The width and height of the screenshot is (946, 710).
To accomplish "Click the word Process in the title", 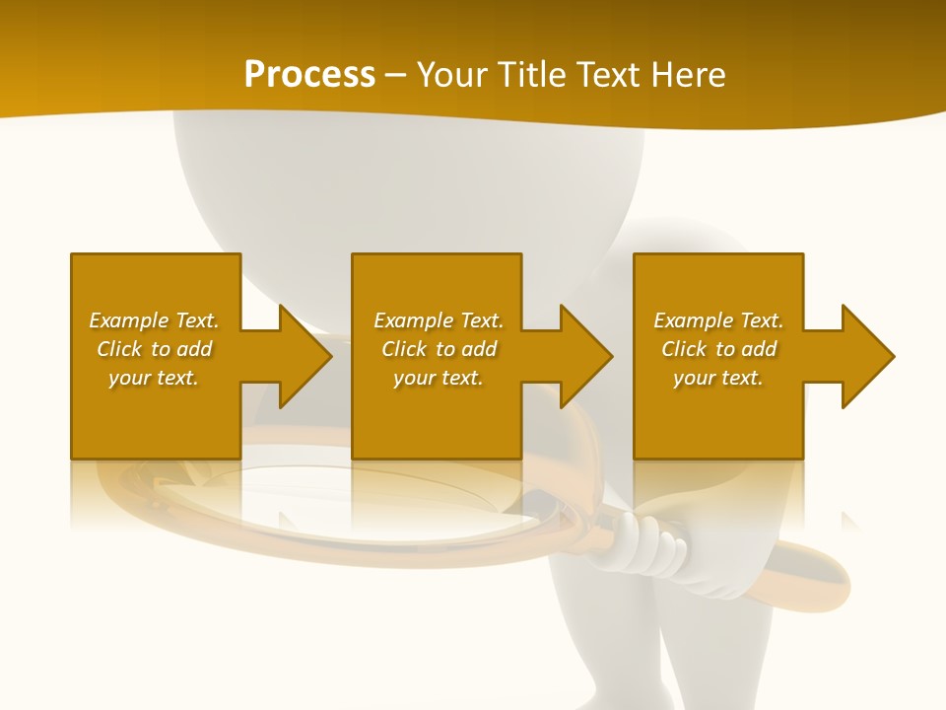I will pyautogui.click(x=309, y=75).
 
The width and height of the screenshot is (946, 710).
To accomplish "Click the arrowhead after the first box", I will pyautogui.click(x=302, y=356).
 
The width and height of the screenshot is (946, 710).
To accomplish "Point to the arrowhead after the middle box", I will pyautogui.click(x=583, y=356).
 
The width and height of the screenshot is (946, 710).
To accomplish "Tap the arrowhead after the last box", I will pyautogui.click(x=865, y=356).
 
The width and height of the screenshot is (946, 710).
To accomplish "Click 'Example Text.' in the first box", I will pyautogui.click(x=154, y=320).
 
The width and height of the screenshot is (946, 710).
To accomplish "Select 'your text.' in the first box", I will pyautogui.click(x=154, y=378).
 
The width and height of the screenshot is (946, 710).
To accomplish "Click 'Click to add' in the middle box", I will pyautogui.click(x=439, y=349).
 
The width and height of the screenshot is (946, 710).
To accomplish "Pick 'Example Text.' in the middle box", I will pyautogui.click(x=439, y=320).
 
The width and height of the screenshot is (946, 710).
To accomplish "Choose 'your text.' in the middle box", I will pyautogui.click(x=439, y=378).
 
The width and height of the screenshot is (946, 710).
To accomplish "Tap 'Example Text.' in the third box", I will pyautogui.click(x=718, y=320).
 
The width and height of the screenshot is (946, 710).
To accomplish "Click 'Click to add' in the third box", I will pyautogui.click(x=718, y=349).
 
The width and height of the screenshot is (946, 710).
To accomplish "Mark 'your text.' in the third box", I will pyautogui.click(x=718, y=378).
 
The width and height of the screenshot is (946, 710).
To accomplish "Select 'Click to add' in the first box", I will pyautogui.click(x=154, y=349).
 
